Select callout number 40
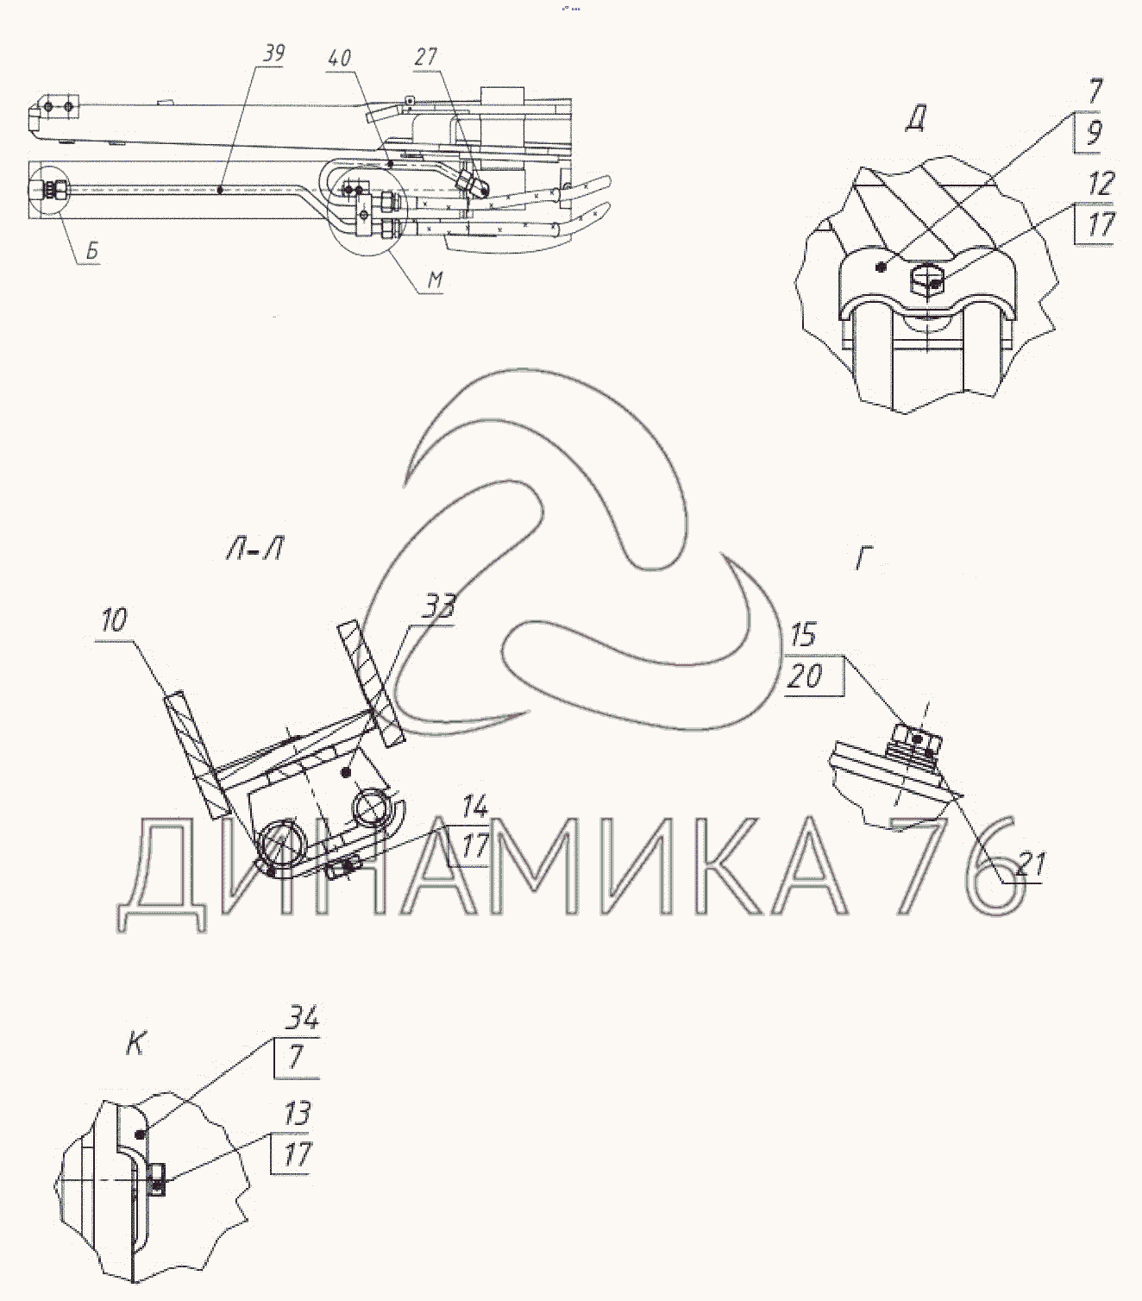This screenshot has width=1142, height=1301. (340, 58)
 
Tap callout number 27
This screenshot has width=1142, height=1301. (425, 57)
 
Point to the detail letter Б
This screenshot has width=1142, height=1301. (92, 250)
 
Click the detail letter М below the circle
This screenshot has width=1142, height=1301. (436, 280)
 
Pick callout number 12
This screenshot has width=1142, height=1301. (1101, 184)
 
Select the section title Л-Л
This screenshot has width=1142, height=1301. (254, 550)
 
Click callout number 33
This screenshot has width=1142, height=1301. (438, 607)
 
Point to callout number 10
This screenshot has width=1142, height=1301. (114, 620)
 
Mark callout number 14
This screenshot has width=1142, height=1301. (475, 806)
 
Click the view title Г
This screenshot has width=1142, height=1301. (864, 560)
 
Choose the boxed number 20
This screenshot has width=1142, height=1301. (805, 677)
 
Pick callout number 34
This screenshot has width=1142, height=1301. (303, 1018)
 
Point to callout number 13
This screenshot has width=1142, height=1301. (297, 1114)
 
